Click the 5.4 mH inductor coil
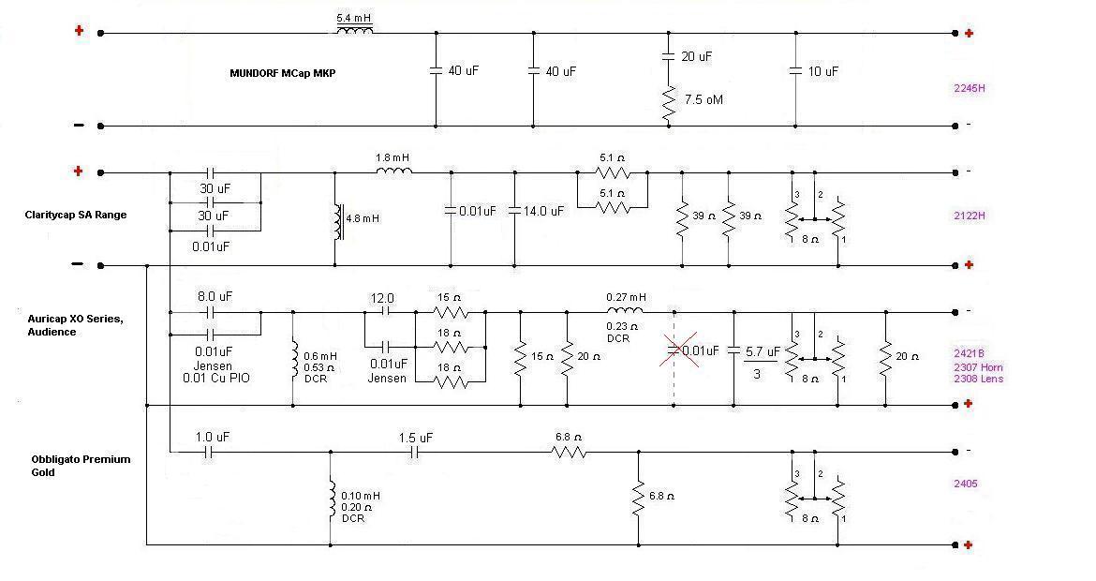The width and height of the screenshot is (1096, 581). click(x=354, y=29)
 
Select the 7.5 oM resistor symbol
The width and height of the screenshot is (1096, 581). click(x=669, y=103)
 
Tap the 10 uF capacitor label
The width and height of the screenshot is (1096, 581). click(x=822, y=71)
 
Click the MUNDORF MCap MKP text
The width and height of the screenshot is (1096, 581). click(x=282, y=73)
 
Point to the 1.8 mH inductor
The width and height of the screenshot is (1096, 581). click(x=394, y=171)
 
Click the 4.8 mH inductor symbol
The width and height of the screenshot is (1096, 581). click(x=339, y=222)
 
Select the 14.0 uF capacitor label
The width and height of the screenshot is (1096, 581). click(x=543, y=211)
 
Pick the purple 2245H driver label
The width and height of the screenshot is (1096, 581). click(x=970, y=88)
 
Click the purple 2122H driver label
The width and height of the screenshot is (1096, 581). click(x=970, y=216)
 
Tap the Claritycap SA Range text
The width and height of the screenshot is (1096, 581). click(x=76, y=215)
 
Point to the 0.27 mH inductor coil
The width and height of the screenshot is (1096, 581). click(x=625, y=310)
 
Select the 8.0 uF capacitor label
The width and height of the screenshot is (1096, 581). click(x=215, y=296)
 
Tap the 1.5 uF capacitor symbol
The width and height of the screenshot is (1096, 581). click(x=414, y=453)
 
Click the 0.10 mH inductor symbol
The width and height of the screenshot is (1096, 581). click(x=332, y=499)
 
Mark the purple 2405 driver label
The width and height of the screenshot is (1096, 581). click(x=965, y=484)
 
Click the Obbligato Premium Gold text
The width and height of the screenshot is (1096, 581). click(x=81, y=466)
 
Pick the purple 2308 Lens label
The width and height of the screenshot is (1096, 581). click(x=979, y=379)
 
